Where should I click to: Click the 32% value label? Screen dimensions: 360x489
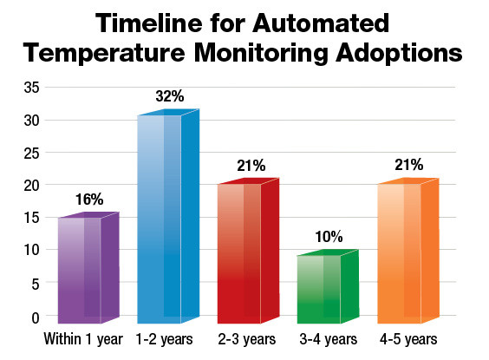(x=170, y=97)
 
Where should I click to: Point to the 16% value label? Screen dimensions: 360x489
(x=89, y=200)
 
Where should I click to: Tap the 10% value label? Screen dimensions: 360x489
(x=329, y=236)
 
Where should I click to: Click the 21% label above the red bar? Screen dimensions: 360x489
(x=249, y=167)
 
